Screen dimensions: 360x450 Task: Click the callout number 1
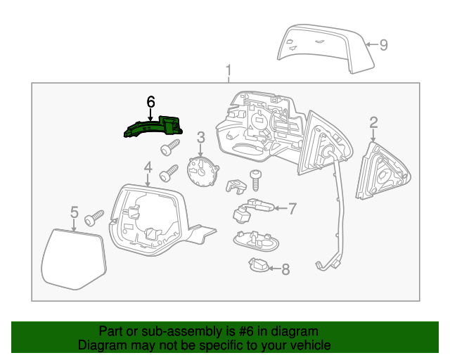coord(229,71)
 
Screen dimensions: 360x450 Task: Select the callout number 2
coord(373,124)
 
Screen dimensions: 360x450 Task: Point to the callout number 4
coord(148,167)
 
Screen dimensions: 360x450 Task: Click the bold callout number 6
coord(150,103)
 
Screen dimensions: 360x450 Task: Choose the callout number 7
coord(292,208)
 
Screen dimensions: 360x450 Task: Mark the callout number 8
coord(285,269)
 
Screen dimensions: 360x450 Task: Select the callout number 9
coord(383,45)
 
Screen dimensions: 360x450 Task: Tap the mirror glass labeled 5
coord(72,257)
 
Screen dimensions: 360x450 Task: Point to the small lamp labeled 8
coord(259,266)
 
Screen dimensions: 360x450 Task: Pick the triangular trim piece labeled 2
coord(380,172)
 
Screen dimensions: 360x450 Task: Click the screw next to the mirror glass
coord(94,218)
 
